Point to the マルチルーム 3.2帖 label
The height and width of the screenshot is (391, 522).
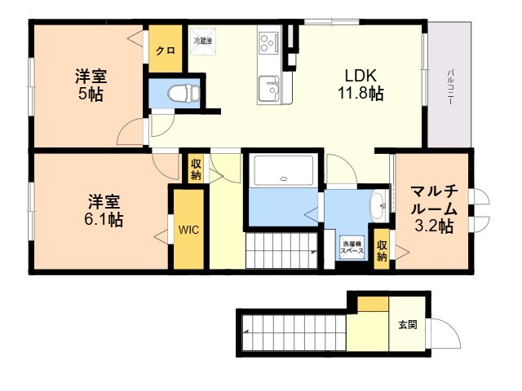point(433,210)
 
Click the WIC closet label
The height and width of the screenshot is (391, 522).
point(189,229)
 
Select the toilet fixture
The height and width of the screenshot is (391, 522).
point(178,94)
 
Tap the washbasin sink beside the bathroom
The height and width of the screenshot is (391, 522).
point(379,206)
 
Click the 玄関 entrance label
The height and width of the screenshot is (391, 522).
point(408,324)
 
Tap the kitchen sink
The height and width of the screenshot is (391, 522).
point(268,84)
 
